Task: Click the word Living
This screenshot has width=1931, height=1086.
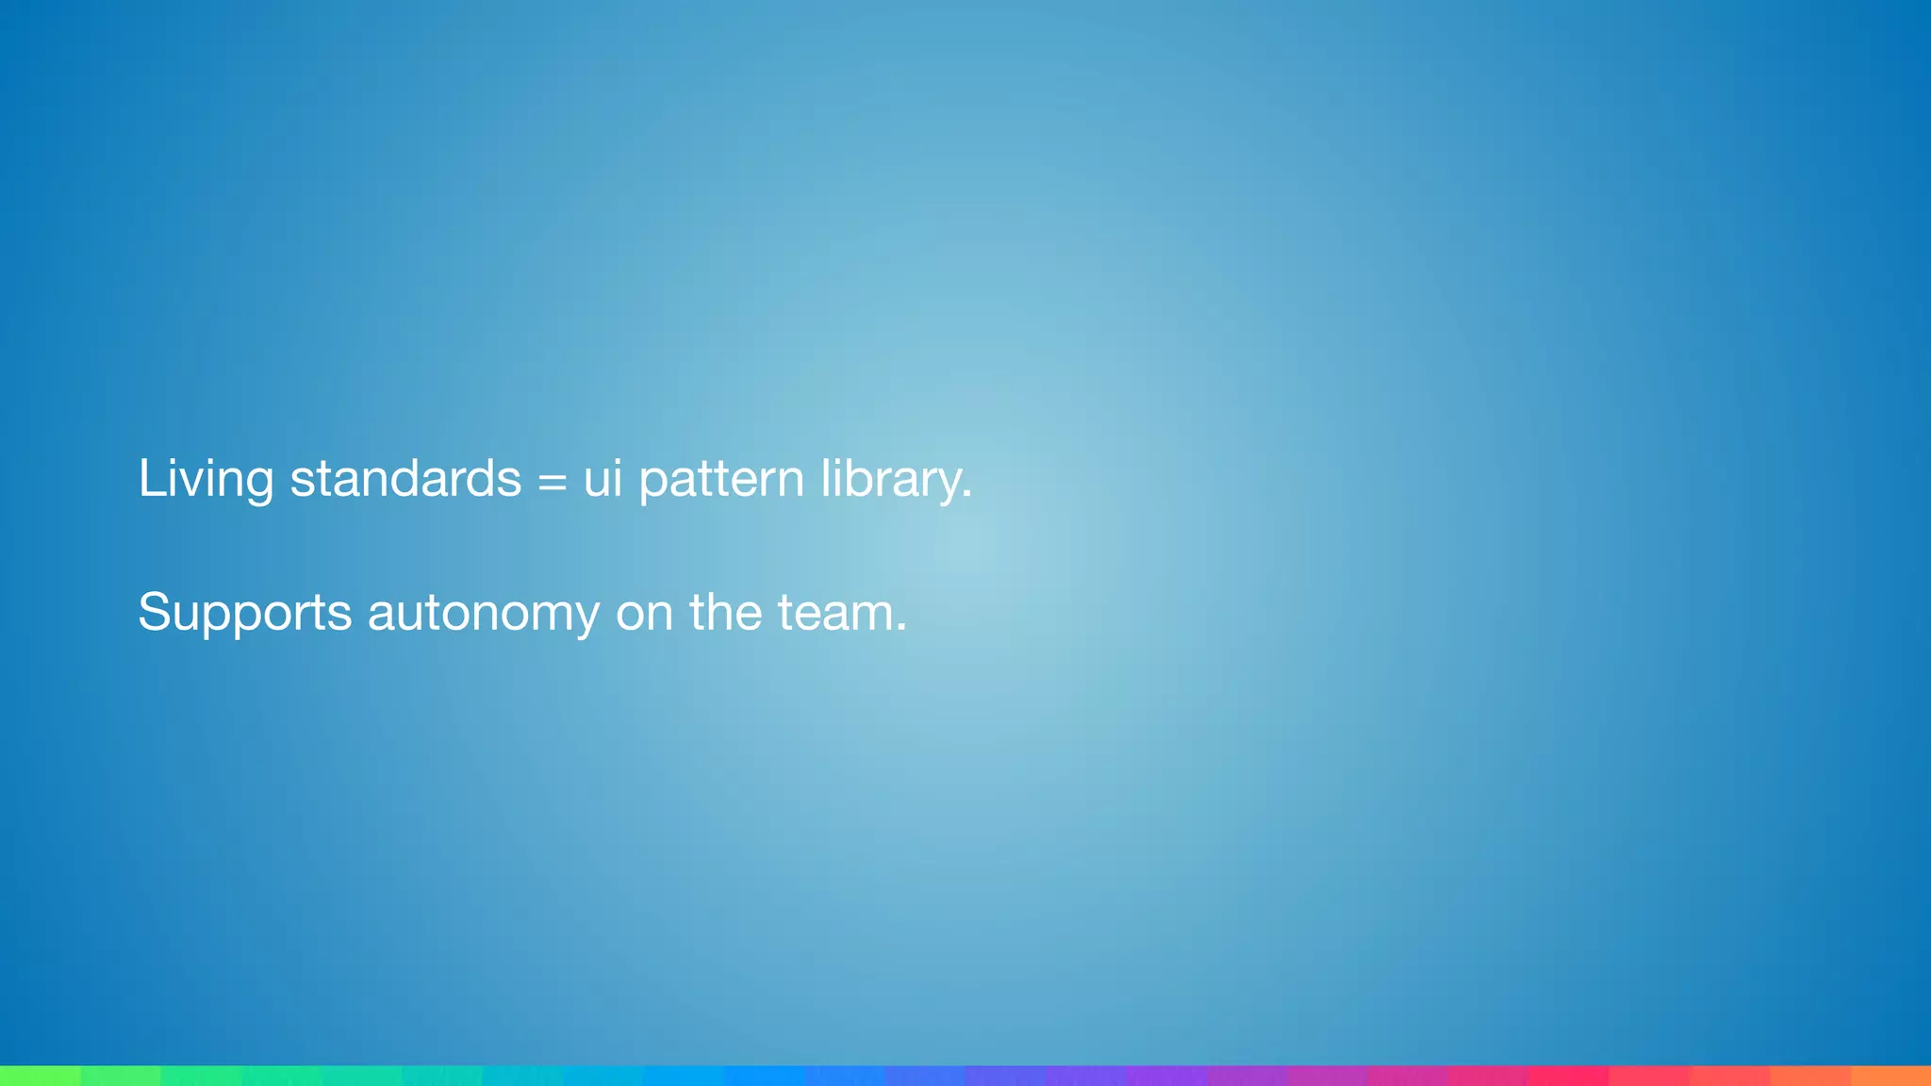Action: (206, 478)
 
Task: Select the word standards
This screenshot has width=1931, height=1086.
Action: (405, 478)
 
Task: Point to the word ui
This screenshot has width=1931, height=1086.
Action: (602, 478)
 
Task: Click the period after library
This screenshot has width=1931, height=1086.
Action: (966, 496)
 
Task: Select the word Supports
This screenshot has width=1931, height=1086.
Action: (244, 613)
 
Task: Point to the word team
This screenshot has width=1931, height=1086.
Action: (835, 613)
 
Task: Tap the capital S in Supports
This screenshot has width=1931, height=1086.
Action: (155, 612)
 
